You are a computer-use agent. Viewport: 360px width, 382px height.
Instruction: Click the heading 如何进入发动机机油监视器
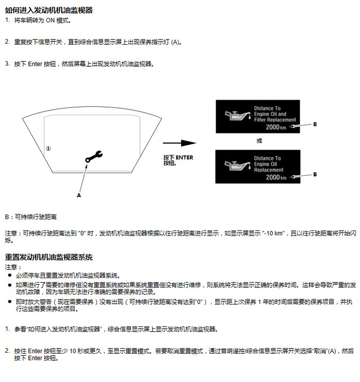[x=49, y=10]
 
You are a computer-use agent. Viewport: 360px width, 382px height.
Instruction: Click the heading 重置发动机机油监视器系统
[x=49, y=257]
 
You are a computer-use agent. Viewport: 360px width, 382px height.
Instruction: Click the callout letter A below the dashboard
[x=79, y=195]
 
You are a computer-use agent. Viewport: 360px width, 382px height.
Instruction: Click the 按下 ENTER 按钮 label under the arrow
[x=178, y=160]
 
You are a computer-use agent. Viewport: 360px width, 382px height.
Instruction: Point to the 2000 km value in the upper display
[x=276, y=127]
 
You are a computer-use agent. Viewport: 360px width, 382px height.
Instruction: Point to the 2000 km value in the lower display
[x=276, y=177]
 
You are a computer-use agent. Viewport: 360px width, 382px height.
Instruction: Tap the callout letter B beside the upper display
[x=315, y=124]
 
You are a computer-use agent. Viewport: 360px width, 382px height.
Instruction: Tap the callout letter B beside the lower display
[x=315, y=175]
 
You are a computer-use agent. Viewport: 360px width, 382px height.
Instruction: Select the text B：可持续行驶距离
[x=31, y=217]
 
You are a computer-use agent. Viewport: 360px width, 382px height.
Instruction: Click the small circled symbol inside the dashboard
[x=48, y=149]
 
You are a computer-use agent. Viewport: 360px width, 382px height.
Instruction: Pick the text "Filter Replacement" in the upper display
[x=275, y=120]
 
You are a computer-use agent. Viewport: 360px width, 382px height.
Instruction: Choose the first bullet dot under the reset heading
[x=9, y=276]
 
